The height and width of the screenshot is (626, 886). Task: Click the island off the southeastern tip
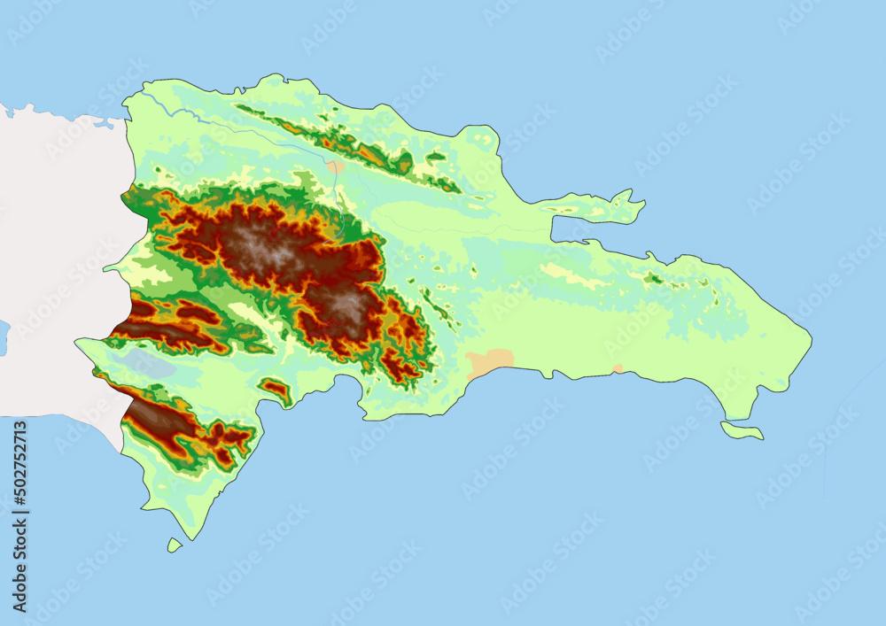tap(742, 431)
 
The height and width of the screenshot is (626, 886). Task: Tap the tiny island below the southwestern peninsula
tap(175, 545)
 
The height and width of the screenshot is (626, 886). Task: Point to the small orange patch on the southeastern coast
tap(618, 367)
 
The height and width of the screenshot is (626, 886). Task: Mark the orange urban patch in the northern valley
tap(335, 166)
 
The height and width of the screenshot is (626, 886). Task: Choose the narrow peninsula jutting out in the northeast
tap(602, 209)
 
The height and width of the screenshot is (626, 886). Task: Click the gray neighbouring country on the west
tap(53, 266)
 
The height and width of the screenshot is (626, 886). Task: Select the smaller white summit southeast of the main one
tap(346, 305)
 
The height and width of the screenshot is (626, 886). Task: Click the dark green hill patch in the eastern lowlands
tap(654, 279)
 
